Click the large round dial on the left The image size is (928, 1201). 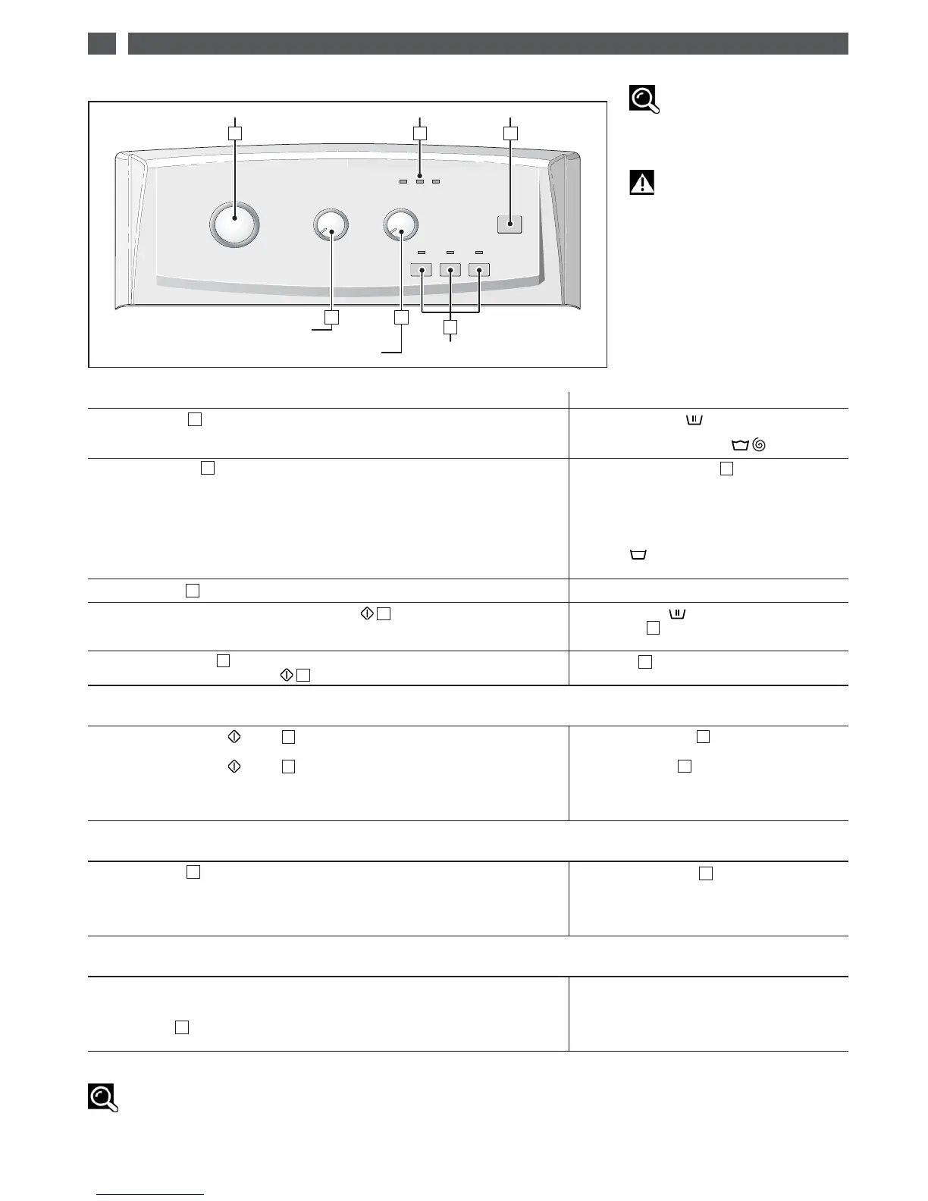[x=234, y=224]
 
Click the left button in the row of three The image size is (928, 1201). [x=421, y=269]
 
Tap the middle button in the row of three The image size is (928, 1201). [x=450, y=269]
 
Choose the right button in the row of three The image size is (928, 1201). [x=479, y=269]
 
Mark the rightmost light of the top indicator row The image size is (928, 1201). [x=436, y=181]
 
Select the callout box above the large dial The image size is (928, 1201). [x=236, y=133]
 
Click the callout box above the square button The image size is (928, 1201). [x=510, y=133]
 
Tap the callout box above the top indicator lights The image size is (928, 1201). [x=420, y=133]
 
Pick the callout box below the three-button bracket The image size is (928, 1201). [x=451, y=328]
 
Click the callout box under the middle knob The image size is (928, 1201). [x=331, y=318]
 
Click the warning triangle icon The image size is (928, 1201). [x=641, y=183]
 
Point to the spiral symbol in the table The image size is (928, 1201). [x=760, y=447]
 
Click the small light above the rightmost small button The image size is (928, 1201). [x=479, y=251]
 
